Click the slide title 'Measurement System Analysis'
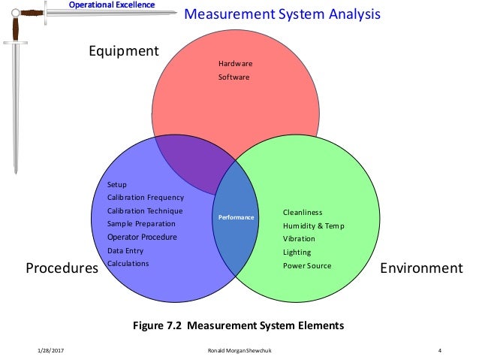[282, 15]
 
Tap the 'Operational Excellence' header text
[112, 5]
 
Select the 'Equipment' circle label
[124, 51]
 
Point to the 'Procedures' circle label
[62, 268]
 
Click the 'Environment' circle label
[421, 268]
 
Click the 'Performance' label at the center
[236, 218]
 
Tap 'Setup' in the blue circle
[117, 185]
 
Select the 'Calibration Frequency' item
[145, 198]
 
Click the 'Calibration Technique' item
[145, 211]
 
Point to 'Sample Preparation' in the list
[141, 224]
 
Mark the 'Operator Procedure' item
[142, 237]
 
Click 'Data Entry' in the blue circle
[125, 250]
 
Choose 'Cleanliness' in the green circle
[303, 213]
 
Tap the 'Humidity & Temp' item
[313, 225]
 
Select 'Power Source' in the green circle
[306, 266]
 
